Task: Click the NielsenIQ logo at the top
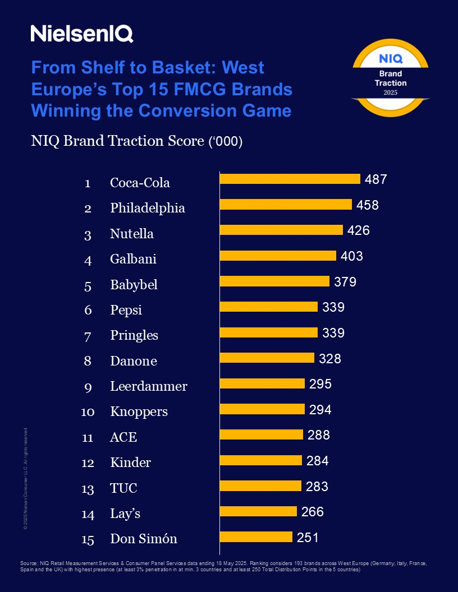coord(82,34)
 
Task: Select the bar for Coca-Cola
coord(290,179)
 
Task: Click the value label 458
coord(368,205)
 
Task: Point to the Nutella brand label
coord(131,234)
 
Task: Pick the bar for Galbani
coord(278,256)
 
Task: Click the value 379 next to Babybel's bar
coord(345,282)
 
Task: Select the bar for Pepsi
coord(269,307)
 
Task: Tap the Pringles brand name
coord(134,335)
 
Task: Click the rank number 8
coord(88,361)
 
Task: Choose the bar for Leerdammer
coord(262,383)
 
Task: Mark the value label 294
coord(320,410)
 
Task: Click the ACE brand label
coord(123,437)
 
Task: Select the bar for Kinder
coord(260,460)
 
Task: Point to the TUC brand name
coord(123,488)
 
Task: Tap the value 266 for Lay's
coord(313,512)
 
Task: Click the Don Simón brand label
coord(144,539)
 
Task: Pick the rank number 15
coord(88,540)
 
